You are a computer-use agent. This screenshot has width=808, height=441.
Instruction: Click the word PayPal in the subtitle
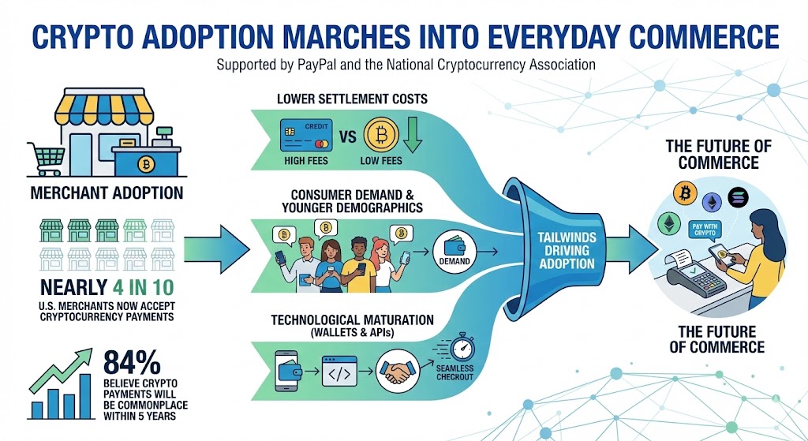coord(316,65)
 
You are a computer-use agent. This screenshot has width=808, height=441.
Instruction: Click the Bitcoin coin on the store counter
coord(146,164)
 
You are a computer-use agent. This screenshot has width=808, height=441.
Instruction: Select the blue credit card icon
coord(306,136)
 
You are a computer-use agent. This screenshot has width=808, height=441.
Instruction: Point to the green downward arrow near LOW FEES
coord(412,135)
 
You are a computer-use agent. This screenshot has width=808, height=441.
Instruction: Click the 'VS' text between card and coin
coord(348,136)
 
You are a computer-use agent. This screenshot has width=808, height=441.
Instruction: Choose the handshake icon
coord(398,371)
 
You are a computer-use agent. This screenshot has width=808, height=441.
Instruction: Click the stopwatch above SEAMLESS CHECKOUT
coord(462,348)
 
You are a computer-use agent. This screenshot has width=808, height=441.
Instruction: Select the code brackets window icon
coord(339,371)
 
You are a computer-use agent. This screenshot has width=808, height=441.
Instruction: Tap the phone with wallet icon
coord(286,371)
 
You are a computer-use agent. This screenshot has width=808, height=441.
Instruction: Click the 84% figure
coord(132,362)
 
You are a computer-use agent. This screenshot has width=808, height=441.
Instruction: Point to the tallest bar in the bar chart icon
coord(85,396)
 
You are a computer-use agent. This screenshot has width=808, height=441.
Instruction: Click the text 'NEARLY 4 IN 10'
coord(107,287)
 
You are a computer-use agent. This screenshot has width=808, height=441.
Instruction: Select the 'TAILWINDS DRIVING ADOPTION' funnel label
coord(567,251)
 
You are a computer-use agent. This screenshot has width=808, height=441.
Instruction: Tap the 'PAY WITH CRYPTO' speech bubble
coord(705,230)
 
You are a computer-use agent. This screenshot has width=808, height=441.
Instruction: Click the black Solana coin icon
coord(738,197)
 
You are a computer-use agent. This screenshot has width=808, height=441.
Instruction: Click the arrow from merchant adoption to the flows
coord(216,249)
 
